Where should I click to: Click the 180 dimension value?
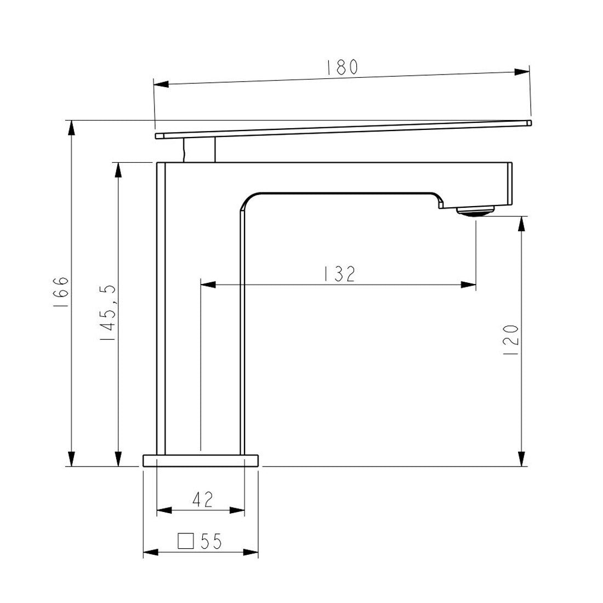(342, 67)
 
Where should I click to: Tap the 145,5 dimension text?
(107, 314)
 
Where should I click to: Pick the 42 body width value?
(202, 499)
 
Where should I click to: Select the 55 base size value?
(211, 542)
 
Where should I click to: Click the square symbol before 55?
(186, 541)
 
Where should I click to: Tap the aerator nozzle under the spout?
(475, 210)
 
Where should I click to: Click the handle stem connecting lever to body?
(199, 150)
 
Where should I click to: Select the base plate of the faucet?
(201, 460)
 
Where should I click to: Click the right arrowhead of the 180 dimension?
(521, 72)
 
